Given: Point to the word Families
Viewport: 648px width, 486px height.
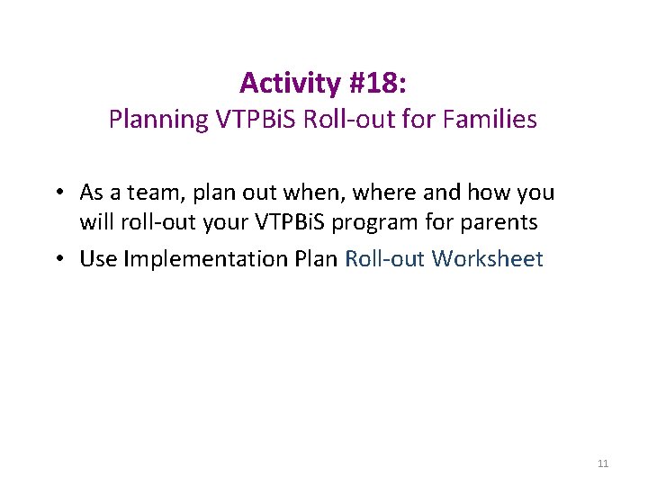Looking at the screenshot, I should [491, 119].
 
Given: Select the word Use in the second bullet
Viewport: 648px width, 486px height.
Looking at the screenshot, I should [98, 259].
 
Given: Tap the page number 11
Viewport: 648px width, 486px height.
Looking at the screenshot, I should [603, 463].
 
